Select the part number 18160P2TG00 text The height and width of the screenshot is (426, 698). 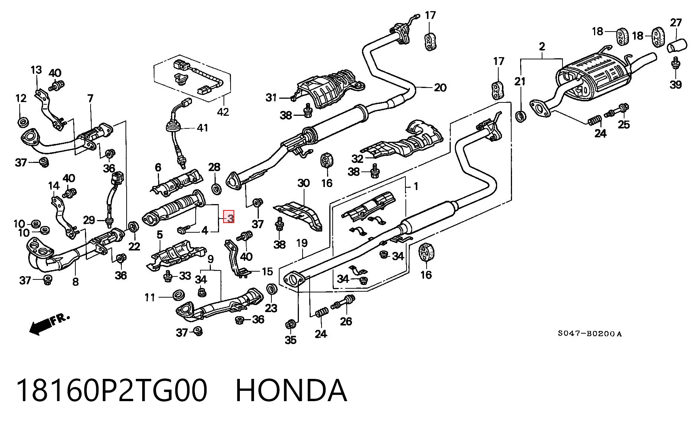click(111, 390)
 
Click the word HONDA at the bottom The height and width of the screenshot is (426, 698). click(291, 390)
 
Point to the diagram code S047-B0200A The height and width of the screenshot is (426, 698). click(590, 334)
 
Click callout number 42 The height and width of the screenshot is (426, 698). click(223, 111)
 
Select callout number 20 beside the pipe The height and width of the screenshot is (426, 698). click(440, 88)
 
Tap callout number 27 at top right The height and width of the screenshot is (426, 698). click(676, 23)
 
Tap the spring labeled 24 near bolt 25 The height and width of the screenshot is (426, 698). click(595, 120)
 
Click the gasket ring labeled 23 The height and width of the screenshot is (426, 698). click(272, 289)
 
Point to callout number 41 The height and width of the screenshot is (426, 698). click(202, 128)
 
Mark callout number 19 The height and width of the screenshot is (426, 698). click(302, 243)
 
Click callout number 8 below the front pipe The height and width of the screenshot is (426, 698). click(75, 282)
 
